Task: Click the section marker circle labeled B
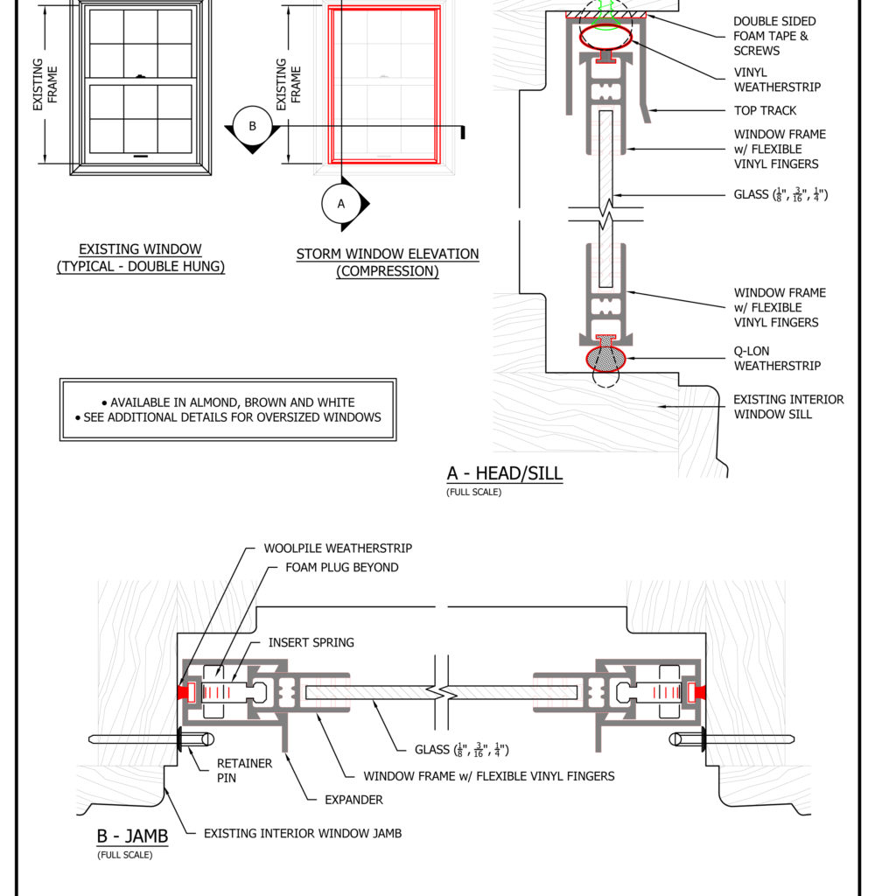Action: tap(252, 126)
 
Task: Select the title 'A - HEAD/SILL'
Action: tap(504, 473)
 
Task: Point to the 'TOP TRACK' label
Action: tap(765, 110)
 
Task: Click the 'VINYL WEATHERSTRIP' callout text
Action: tap(777, 80)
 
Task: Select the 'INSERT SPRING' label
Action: tap(311, 642)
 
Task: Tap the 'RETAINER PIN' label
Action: tap(244, 771)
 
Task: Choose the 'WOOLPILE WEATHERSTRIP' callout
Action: tap(338, 548)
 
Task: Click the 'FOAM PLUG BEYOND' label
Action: tap(341, 567)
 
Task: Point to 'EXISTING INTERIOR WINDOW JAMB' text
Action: tap(303, 833)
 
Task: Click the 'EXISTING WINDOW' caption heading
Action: tap(140, 249)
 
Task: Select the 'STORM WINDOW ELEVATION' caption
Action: tap(388, 254)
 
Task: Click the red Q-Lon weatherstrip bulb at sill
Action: tap(605, 358)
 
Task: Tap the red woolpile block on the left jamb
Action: tap(185, 692)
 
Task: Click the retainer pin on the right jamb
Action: tap(735, 739)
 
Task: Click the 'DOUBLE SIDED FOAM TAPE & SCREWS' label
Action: tap(774, 36)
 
